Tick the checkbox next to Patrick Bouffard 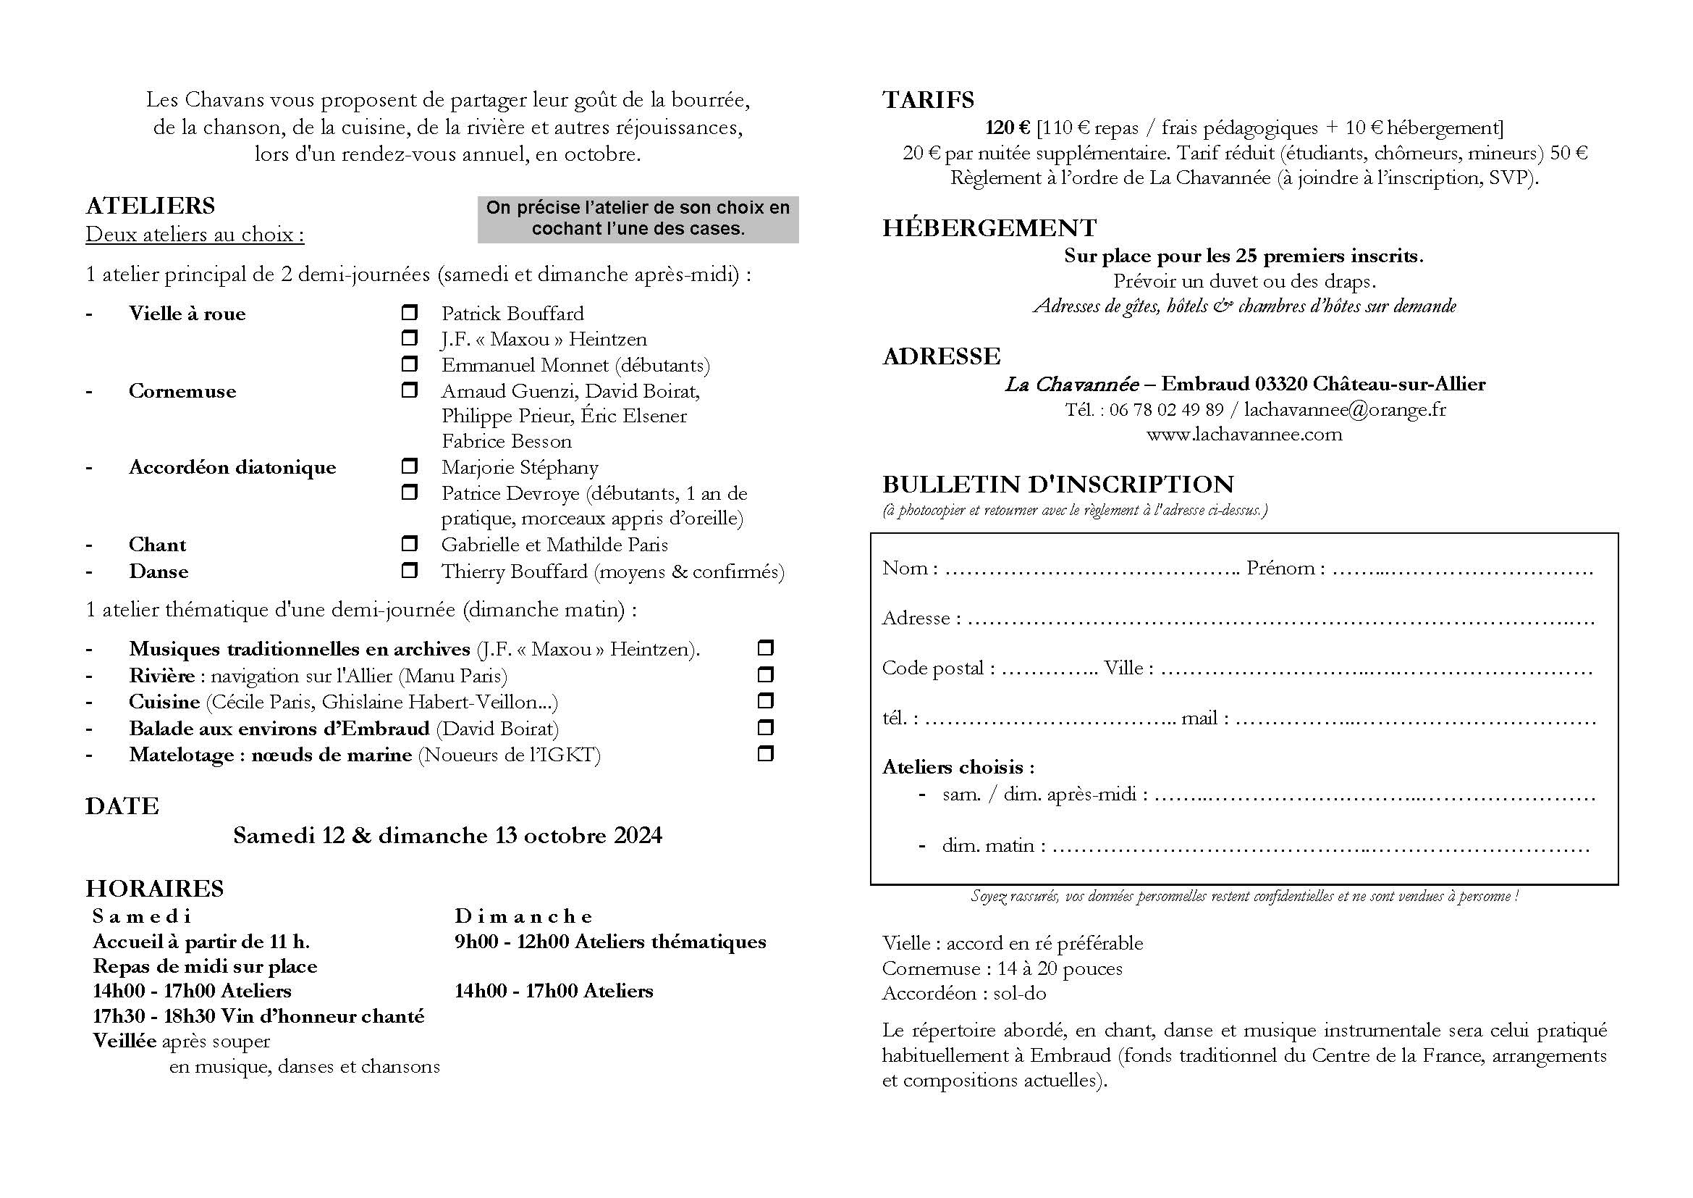pyautogui.click(x=409, y=313)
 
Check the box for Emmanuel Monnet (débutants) pyautogui.click(x=409, y=364)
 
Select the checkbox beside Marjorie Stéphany pyautogui.click(x=409, y=466)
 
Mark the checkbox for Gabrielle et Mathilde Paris pyautogui.click(x=409, y=545)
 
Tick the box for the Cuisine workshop pyautogui.click(x=765, y=701)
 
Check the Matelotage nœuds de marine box pyautogui.click(x=765, y=754)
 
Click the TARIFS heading pyautogui.click(x=928, y=99)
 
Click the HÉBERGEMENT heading pyautogui.click(x=989, y=228)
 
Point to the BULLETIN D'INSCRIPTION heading pyautogui.click(x=1058, y=485)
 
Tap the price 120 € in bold pyautogui.click(x=1008, y=128)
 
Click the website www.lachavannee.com pyautogui.click(x=1244, y=435)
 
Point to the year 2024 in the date pyautogui.click(x=638, y=835)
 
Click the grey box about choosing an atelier pyautogui.click(x=638, y=218)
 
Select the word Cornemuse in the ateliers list pyautogui.click(x=182, y=391)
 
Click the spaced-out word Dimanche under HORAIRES pyautogui.click(x=523, y=916)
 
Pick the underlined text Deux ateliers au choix pyautogui.click(x=195, y=235)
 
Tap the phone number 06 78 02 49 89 pyautogui.click(x=1166, y=409)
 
